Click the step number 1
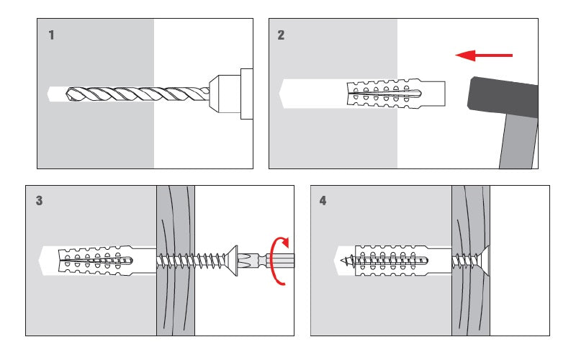coord(51,35)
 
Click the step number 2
coord(281,35)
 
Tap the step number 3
coord(39,201)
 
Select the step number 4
coord(323,201)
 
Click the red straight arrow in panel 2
coord(485,55)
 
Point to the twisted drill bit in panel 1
coord(137,94)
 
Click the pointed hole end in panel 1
coord(50,94)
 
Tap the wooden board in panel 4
coord(470,302)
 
